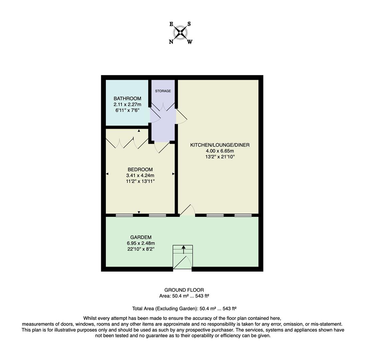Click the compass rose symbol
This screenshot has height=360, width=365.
[x=180, y=33]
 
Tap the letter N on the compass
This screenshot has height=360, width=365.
[x=171, y=42]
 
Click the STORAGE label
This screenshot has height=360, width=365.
[x=163, y=91]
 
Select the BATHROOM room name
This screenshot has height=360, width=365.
[x=127, y=99]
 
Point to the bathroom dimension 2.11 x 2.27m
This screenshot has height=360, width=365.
[x=127, y=104]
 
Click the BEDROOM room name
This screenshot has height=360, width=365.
[x=140, y=170]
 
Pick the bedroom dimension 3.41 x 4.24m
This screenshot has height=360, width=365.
[x=140, y=175]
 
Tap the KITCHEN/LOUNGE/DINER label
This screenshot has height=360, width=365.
[x=220, y=145]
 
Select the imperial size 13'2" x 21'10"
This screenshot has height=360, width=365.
[x=220, y=157]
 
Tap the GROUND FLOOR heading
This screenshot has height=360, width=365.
[x=184, y=290]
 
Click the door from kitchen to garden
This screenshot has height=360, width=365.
[x=187, y=210]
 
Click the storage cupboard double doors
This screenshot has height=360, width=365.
[x=163, y=106]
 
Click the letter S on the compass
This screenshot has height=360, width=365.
[x=189, y=24]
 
